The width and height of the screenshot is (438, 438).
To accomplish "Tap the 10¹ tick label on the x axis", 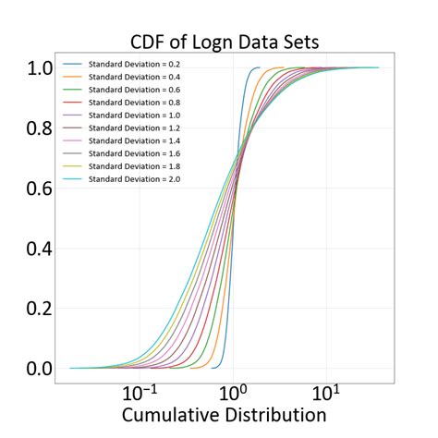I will [x=327, y=393].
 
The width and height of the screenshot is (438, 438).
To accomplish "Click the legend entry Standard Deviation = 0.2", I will [x=141, y=65].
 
